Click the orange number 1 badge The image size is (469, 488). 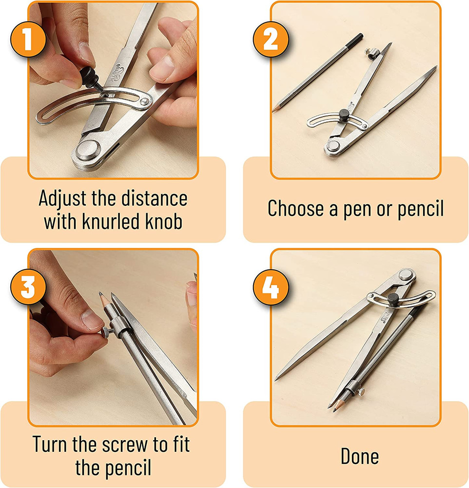pyautogui.click(x=28, y=39)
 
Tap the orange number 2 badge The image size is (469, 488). pyautogui.click(x=271, y=39)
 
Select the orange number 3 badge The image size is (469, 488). pyautogui.click(x=28, y=287)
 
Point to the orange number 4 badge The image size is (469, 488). pyautogui.click(x=271, y=287)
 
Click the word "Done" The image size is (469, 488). pyautogui.click(x=360, y=457)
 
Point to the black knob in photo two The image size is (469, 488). pyautogui.click(x=344, y=115)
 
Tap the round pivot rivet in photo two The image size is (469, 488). pyautogui.click(x=333, y=145)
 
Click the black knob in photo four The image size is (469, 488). pyautogui.click(x=393, y=300)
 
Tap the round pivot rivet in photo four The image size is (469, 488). pyautogui.click(x=406, y=274)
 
